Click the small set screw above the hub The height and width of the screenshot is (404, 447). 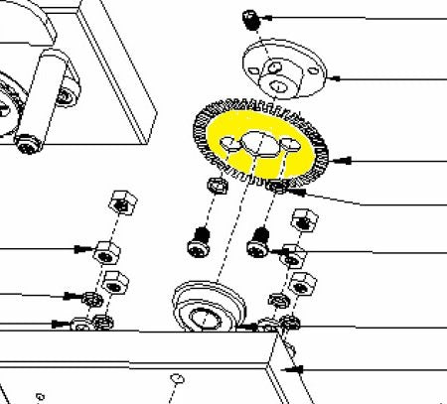[x=251, y=17]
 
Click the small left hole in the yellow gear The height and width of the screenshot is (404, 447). [x=229, y=147]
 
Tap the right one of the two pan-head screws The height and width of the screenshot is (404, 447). [x=260, y=238]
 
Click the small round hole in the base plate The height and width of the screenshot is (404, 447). [x=176, y=379]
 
